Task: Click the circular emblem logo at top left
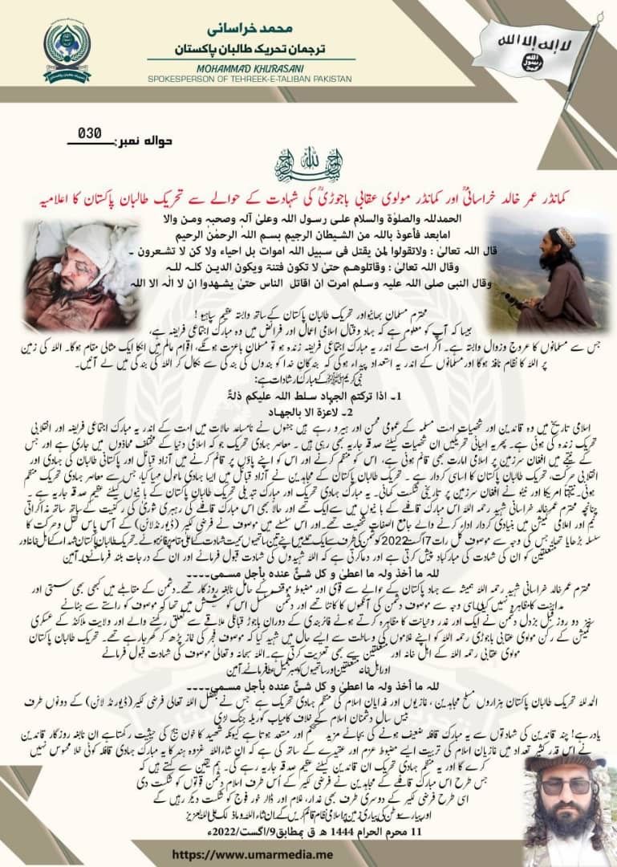click(67, 51)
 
